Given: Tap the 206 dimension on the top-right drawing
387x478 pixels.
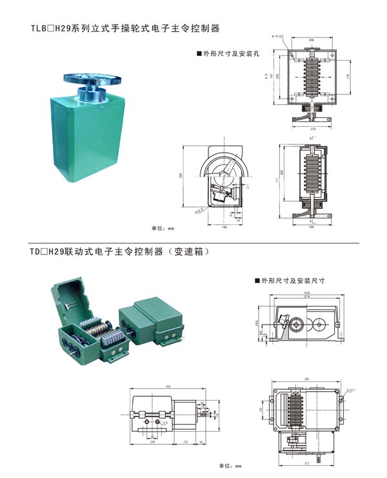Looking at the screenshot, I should (313, 40).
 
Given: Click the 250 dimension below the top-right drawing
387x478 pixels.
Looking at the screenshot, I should (313, 128).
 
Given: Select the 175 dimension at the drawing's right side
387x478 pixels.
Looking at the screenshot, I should (349, 76).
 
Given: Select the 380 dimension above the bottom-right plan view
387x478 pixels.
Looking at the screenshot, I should (306, 379).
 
